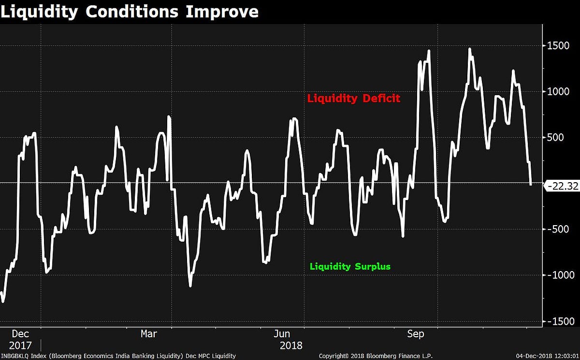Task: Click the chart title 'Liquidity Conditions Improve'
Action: pyautogui.click(x=129, y=12)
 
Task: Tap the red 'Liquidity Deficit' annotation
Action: pyautogui.click(x=354, y=99)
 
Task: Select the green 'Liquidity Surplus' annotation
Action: pyautogui.click(x=350, y=266)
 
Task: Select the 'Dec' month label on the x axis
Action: pyautogui.click(x=20, y=334)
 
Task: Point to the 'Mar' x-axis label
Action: pyautogui.click(x=149, y=334)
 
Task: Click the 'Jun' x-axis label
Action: pyautogui.click(x=282, y=334)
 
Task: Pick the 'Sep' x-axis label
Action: pyautogui.click(x=416, y=334)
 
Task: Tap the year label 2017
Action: pyautogui.click(x=20, y=346)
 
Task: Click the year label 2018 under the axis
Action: pyautogui.click(x=291, y=346)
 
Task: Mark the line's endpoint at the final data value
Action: pyautogui.click(x=531, y=184)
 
